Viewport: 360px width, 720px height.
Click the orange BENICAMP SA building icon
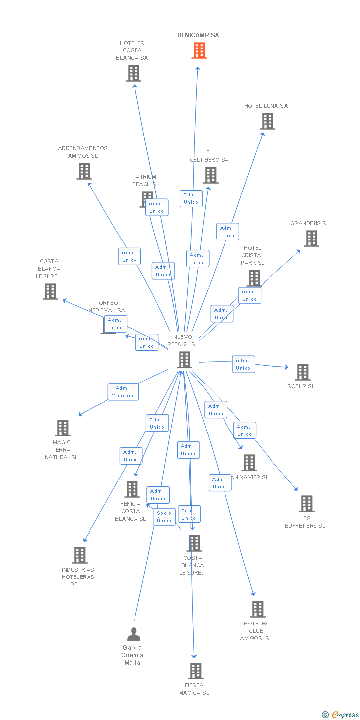pyautogui.click(x=199, y=50)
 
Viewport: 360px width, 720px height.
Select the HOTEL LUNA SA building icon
pyautogui.click(x=268, y=121)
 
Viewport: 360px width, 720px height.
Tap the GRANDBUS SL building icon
pyautogui.click(x=312, y=239)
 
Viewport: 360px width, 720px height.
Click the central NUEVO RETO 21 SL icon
pyautogui.click(x=184, y=360)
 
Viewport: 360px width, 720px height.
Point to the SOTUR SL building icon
pyautogui.click(x=303, y=372)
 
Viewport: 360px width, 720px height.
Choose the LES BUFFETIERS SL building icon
pyautogui.click(x=307, y=504)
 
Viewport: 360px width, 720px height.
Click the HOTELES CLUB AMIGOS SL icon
pyautogui.click(x=258, y=609)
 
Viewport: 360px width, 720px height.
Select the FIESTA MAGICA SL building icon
pyautogui.click(x=196, y=671)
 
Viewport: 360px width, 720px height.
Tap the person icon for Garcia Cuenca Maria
pyautogui.click(x=134, y=634)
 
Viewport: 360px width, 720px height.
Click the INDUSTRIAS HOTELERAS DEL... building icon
pyautogui.click(x=80, y=555)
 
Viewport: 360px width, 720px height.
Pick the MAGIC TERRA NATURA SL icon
pyautogui.click(x=63, y=428)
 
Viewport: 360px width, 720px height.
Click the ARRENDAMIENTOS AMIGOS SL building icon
pyautogui.click(x=84, y=171)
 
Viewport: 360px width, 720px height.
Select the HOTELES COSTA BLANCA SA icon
pyautogui.click(x=133, y=73)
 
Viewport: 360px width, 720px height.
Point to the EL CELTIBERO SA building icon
pyautogui.click(x=211, y=175)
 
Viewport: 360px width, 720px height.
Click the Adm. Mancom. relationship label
pyautogui.click(x=123, y=392)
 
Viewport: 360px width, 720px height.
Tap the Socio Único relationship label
pyautogui.click(x=164, y=517)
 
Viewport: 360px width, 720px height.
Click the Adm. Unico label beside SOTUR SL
pyautogui.click(x=243, y=364)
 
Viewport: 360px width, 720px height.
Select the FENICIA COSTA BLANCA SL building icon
pyautogui.click(x=132, y=489)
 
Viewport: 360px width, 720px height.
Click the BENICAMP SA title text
pyautogui.click(x=198, y=35)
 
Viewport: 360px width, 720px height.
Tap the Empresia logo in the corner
pyautogui.click(x=342, y=714)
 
